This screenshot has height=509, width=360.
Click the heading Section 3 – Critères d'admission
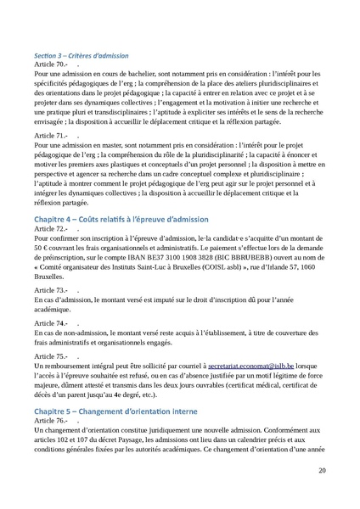81,55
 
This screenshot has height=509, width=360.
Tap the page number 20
322,472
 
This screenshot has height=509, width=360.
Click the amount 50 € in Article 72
40,249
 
